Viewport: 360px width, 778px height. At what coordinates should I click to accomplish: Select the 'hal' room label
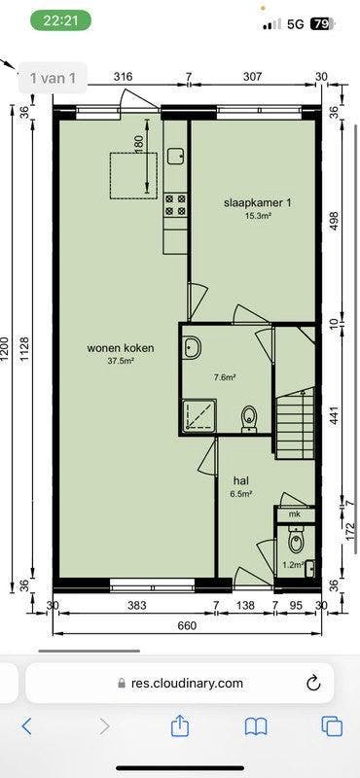click(240, 480)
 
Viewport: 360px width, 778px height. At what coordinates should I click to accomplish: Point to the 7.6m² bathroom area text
click(226, 377)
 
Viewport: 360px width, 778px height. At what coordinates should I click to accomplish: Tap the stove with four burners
click(176, 203)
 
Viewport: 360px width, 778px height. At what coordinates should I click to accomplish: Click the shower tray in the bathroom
click(199, 415)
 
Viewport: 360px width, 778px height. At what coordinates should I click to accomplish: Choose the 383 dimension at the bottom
click(135, 606)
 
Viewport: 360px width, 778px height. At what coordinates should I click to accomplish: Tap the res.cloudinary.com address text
click(187, 684)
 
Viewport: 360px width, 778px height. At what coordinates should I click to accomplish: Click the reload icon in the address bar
click(313, 683)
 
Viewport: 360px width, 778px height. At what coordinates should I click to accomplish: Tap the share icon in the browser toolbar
click(180, 725)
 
